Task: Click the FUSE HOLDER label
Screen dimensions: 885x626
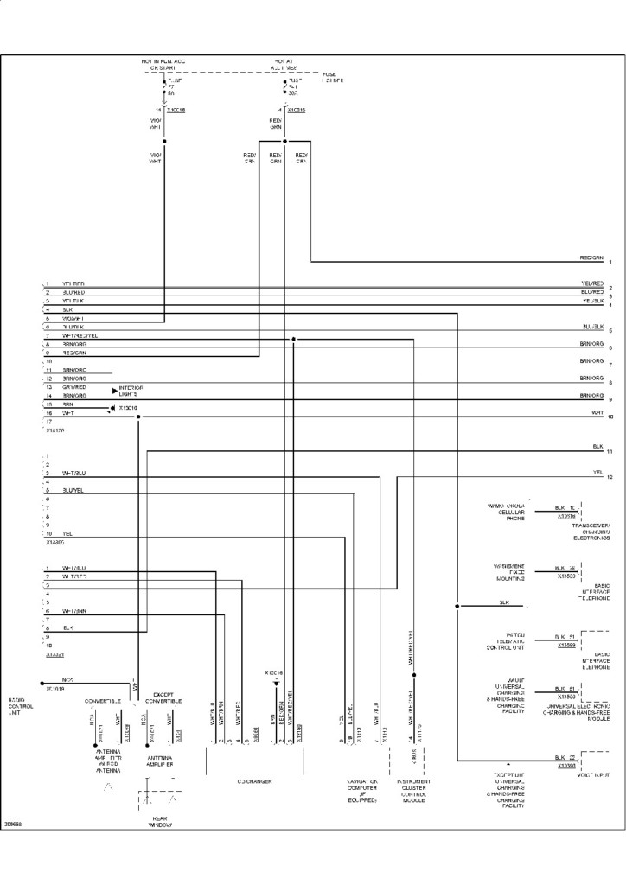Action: pos(333,78)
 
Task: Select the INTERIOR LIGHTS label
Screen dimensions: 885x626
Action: pos(131,391)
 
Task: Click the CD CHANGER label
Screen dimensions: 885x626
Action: pos(254,781)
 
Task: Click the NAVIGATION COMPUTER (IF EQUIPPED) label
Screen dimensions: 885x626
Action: pos(361,790)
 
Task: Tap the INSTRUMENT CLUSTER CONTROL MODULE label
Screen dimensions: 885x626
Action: pos(414,790)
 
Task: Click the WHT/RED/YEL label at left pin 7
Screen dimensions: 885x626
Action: pos(80,335)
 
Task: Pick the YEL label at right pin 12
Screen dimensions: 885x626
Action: pos(597,473)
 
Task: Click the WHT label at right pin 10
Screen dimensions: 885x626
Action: pos(597,413)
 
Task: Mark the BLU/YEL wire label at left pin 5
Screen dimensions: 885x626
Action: pos(73,490)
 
